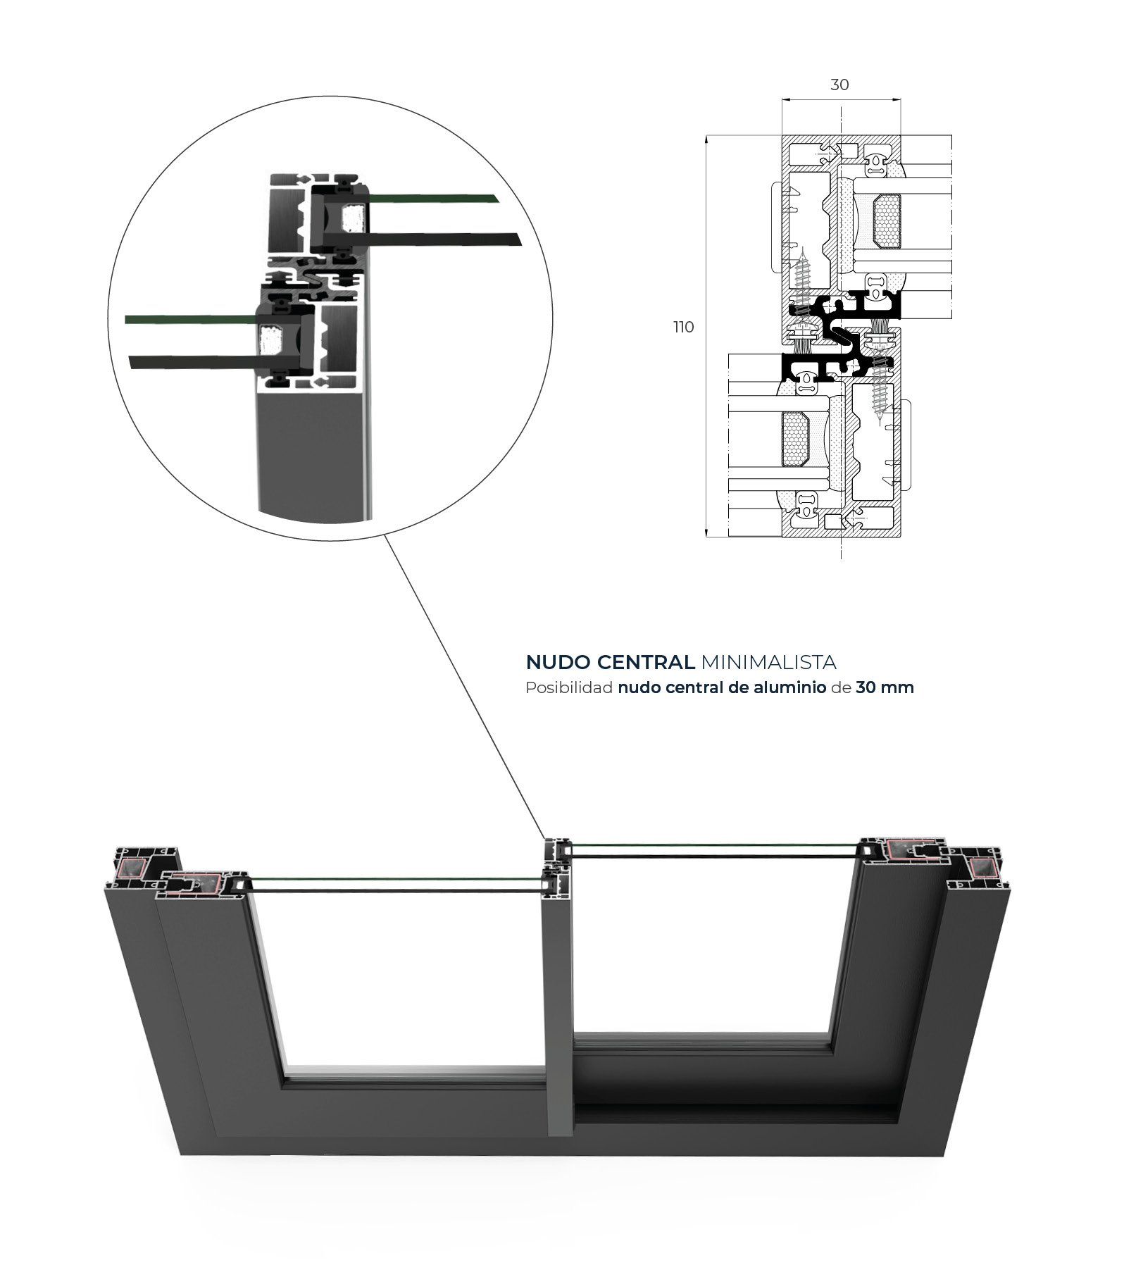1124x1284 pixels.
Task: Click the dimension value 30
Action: pyautogui.click(x=839, y=85)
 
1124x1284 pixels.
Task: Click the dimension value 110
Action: pyautogui.click(x=683, y=327)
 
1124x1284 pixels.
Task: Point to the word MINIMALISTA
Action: pyautogui.click(x=768, y=662)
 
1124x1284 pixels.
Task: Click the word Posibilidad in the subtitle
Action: pyautogui.click(x=568, y=687)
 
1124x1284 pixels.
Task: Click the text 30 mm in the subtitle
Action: pyautogui.click(x=885, y=687)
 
